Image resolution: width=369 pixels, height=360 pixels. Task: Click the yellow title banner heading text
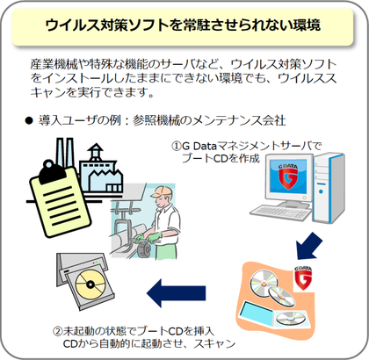coord(183,25)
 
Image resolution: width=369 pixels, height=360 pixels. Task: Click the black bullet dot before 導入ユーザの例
coord(29,120)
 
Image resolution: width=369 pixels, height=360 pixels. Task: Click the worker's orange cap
coord(161,191)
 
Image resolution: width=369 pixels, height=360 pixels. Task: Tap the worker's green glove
coord(155,237)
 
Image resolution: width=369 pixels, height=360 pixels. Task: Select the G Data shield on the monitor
coord(288,177)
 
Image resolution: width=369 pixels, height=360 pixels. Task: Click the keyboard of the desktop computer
coord(280,212)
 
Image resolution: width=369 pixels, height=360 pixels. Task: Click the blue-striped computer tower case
coord(328,187)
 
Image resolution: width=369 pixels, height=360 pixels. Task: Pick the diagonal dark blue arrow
coord(308,246)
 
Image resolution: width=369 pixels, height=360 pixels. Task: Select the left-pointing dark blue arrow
coord(176,293)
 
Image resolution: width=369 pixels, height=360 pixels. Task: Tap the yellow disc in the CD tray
coord(90,284)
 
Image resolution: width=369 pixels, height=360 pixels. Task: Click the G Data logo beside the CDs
coord(303,277)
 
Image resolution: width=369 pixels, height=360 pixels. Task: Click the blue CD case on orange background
coord(257,312)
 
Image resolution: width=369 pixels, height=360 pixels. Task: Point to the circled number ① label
coord(176,146)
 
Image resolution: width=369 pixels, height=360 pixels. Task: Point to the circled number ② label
coord(57,331)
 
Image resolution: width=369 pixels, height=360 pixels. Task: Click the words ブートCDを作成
coord(221,158)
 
